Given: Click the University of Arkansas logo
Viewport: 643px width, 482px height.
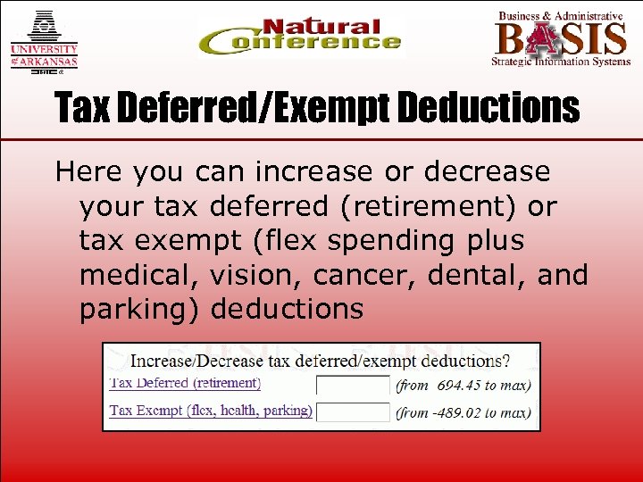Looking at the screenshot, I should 44,41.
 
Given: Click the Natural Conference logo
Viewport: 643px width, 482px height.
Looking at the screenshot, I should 299,37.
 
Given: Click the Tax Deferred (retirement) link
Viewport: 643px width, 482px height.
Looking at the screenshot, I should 186,383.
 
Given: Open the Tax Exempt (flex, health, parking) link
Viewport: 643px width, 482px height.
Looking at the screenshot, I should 211,411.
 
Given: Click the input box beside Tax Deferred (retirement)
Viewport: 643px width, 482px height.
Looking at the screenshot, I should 353,386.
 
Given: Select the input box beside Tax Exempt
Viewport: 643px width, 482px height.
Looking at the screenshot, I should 353,411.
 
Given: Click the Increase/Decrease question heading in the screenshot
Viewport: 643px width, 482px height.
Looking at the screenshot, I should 321,361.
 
